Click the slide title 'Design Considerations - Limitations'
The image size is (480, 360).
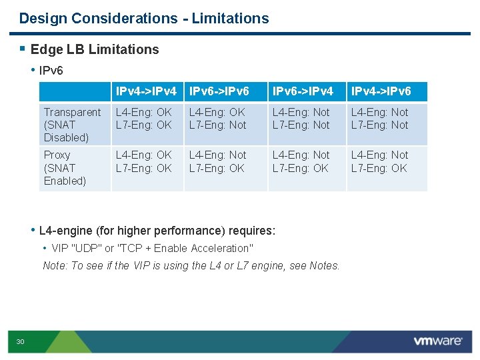point(144,19)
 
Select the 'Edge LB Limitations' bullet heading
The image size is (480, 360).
point(95,49)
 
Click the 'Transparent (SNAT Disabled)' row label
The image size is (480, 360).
point(72,125)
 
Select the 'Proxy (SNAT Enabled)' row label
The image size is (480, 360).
point(65,168)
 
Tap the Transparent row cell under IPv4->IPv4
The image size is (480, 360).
point(144,119)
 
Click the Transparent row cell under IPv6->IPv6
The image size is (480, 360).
point(217,119)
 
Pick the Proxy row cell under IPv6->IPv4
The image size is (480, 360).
point(301,162)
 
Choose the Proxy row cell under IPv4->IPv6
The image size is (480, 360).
point(380,162)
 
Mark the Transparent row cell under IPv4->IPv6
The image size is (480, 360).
point(380,119)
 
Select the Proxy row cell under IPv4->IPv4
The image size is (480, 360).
point(144,162)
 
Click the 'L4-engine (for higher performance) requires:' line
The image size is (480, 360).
point(157,231)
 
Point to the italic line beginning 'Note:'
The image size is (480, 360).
point(191,266)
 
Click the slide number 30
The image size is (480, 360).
point(20,342)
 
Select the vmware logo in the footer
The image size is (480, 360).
point(437,341)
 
